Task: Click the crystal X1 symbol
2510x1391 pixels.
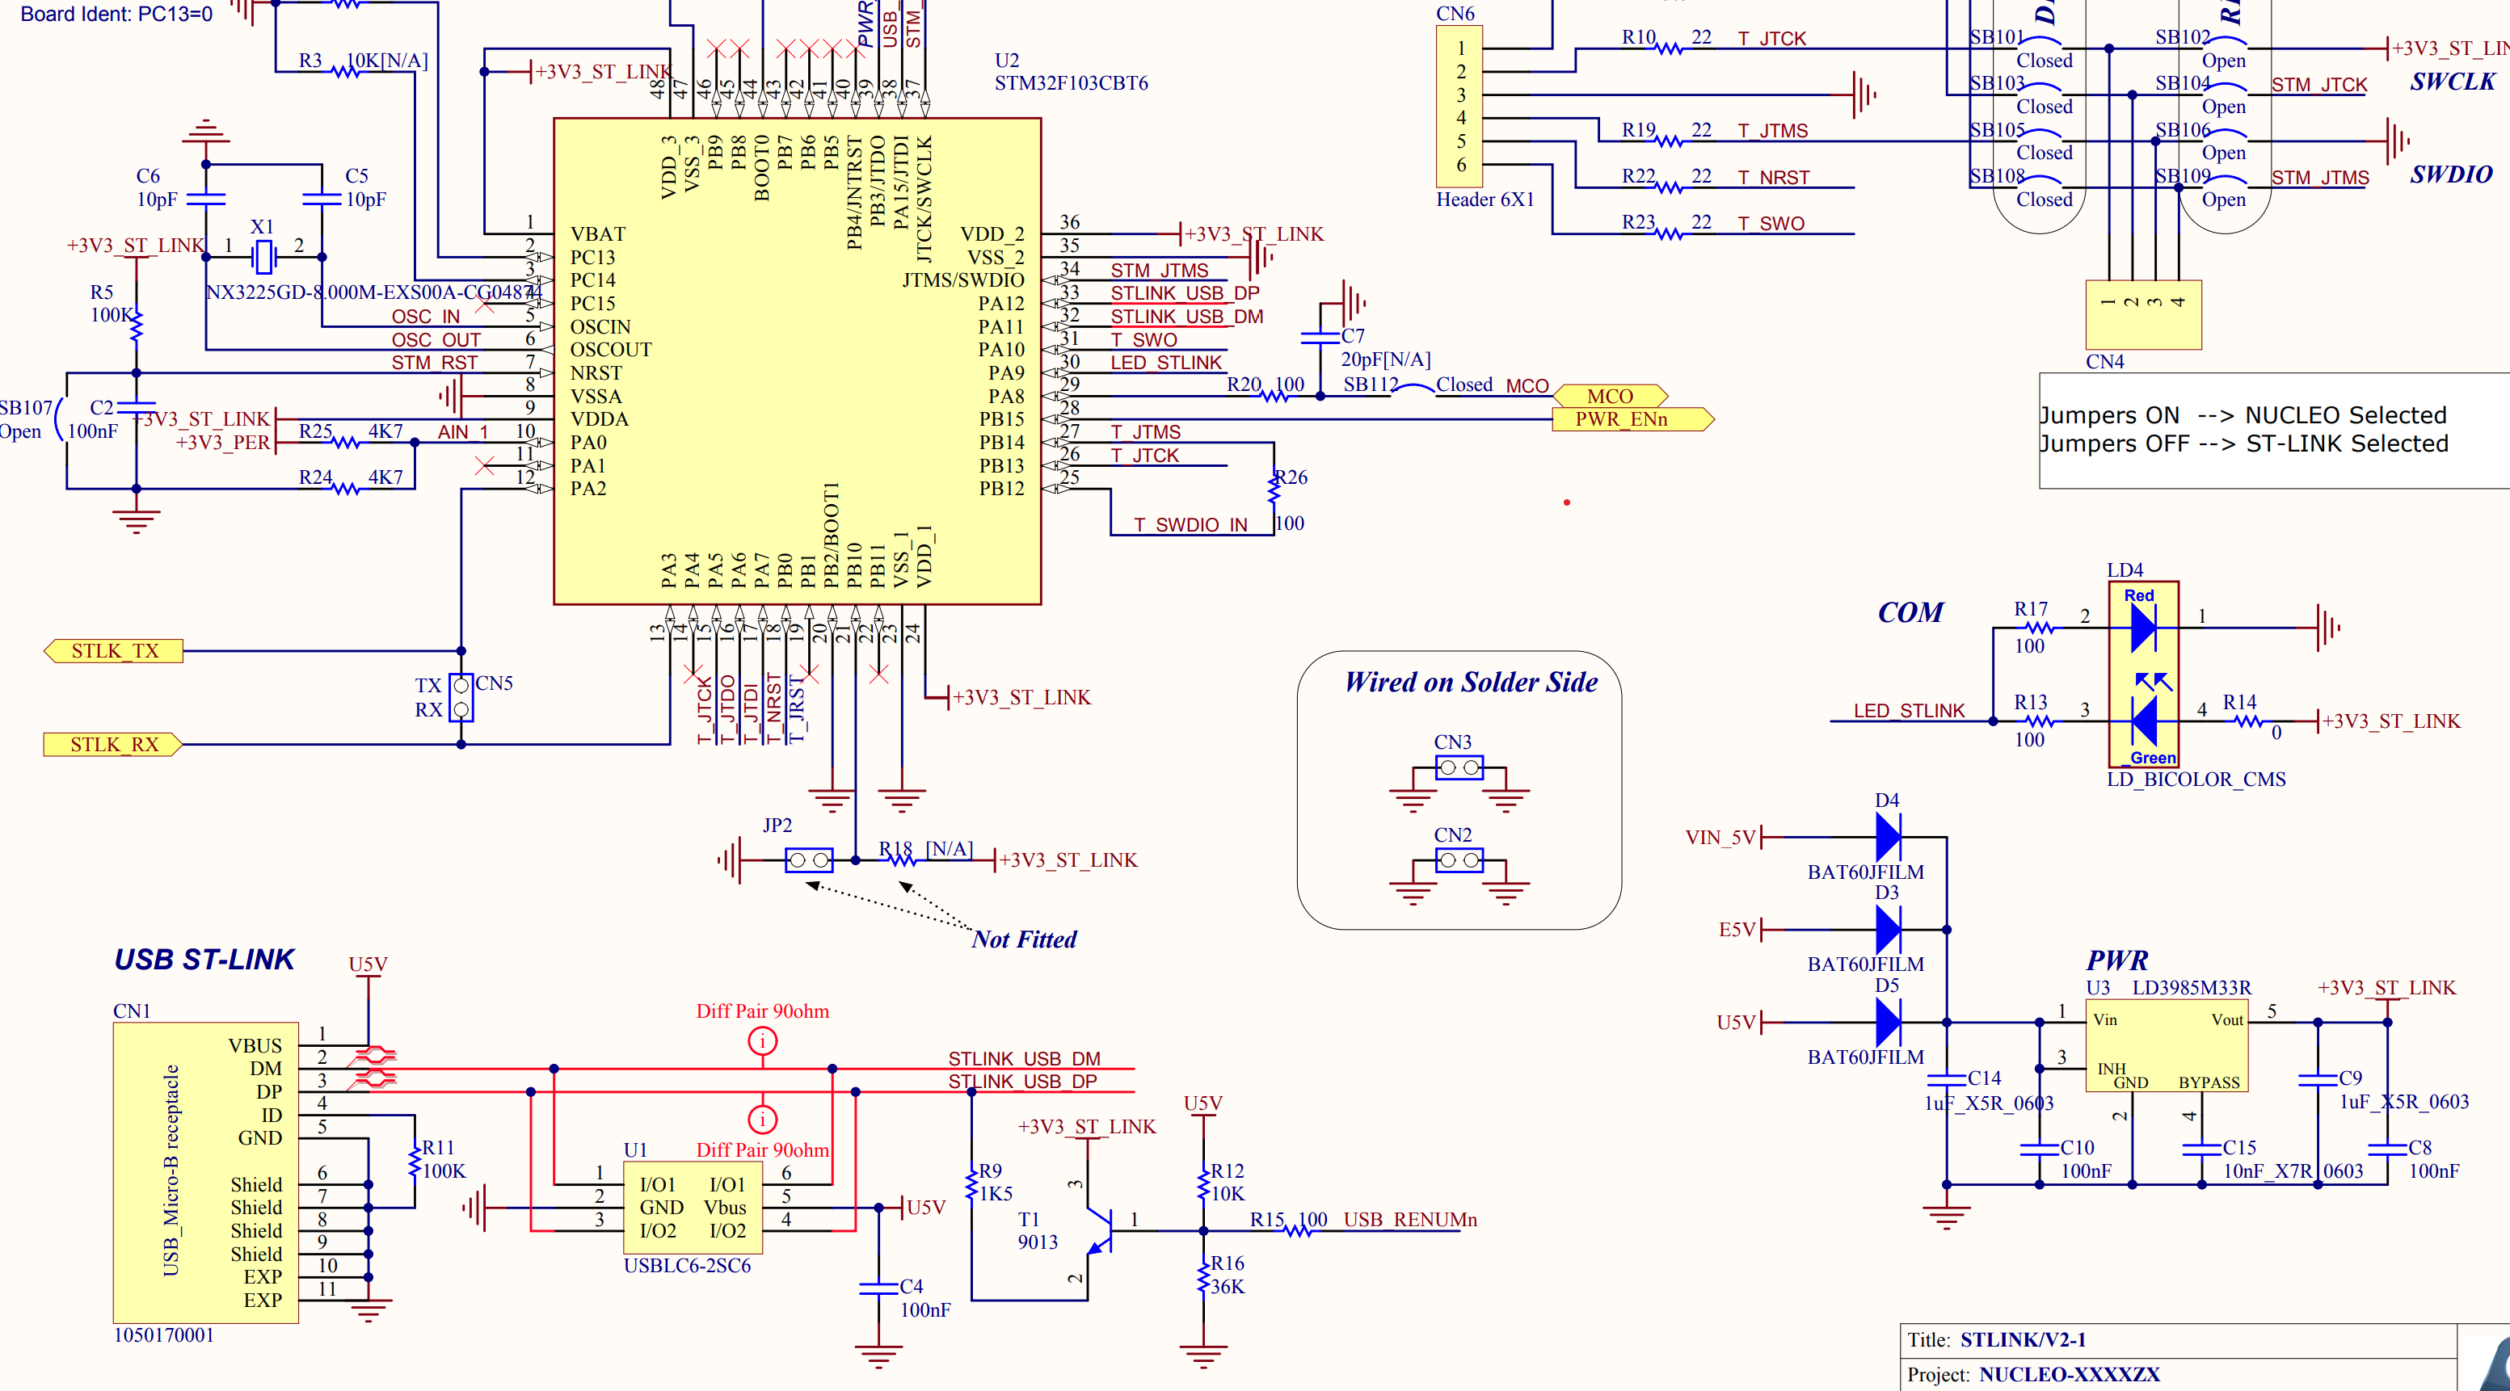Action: tap(263, 257)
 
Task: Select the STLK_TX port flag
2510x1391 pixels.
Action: tap(114, 651)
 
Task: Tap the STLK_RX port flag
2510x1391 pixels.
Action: tap(113, 744)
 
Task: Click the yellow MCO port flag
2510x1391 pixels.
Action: tap(1609, 397)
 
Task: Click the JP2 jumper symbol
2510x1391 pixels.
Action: tap(809, 860)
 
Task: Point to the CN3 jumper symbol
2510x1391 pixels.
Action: tap(1459, 767)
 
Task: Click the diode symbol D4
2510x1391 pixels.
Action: tap(1888, 837)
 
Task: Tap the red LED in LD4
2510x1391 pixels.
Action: tap(2142, 628)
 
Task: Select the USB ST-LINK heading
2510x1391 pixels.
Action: tap(204, 960)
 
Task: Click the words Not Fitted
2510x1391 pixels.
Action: tap(1024, 939)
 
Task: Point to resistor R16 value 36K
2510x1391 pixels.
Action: tap(1227, 1287)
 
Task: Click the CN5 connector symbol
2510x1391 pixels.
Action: tap(462, 697)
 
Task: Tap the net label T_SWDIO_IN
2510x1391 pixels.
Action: tap(1190, 525)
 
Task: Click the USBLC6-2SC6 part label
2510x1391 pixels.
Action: tap(687, 1267)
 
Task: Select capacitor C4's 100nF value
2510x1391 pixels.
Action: tap(924, 1310)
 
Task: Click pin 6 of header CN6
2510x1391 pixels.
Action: tap(1460, 165)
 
